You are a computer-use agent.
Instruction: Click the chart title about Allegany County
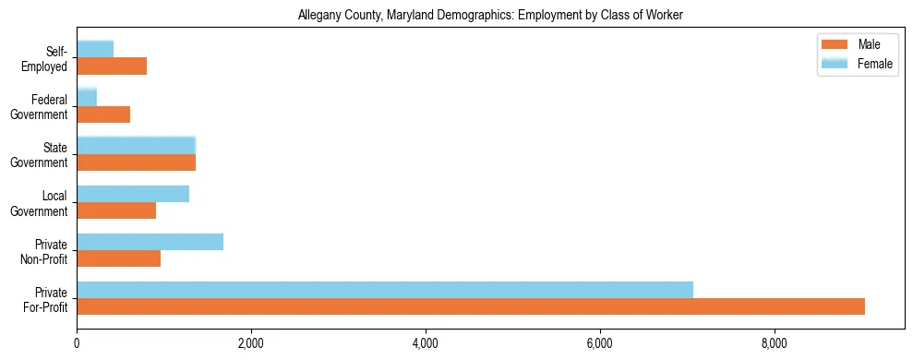(489, 16)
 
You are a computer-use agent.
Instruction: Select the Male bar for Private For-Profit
(471, 306)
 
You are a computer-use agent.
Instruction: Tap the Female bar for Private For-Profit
(385, 289)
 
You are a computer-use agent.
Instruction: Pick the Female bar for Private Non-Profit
(150, 241)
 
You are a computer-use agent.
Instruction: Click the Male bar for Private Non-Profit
(118, 258)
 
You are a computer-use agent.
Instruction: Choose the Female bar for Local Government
(133, 193)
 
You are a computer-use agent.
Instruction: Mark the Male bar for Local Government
(116, 210)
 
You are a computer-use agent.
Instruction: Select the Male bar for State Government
(136, 162)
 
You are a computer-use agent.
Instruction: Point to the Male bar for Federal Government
(103, 114)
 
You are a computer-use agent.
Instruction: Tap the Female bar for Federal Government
(87, 96)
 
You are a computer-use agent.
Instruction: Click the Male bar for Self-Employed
(112, 66)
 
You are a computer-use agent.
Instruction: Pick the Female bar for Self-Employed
(95, 48)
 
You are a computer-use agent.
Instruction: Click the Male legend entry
(858, 45)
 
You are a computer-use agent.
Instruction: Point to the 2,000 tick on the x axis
(251, 343)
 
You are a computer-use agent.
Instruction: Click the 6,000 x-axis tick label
(600, 343)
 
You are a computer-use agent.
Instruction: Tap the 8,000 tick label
(774, 343)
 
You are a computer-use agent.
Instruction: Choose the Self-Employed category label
(48, 59)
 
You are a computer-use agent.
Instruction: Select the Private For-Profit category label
(45, 299)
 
